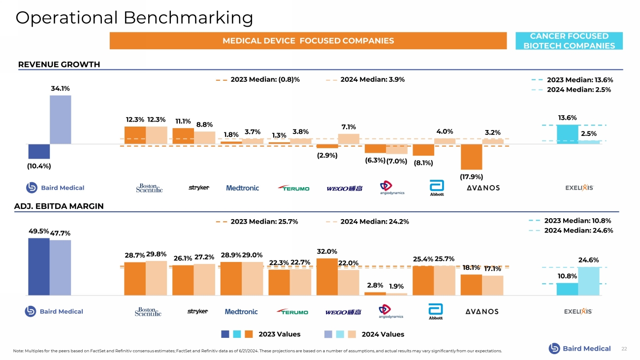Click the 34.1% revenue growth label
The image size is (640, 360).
60,89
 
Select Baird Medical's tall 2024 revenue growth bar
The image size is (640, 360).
60,120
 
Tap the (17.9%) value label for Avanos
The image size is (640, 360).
471,176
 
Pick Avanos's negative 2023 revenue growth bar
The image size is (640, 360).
471,157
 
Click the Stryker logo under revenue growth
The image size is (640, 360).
199,188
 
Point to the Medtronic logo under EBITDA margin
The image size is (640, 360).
241,312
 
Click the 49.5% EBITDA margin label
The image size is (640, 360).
38,230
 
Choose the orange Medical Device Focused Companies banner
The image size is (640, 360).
308,40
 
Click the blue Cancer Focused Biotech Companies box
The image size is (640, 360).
569,41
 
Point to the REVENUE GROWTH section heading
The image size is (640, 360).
59,65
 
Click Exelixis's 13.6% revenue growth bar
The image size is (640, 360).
567,134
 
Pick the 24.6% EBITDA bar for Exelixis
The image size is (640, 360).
589,281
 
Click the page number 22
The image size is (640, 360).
624,349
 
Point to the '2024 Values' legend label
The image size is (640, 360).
383,334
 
